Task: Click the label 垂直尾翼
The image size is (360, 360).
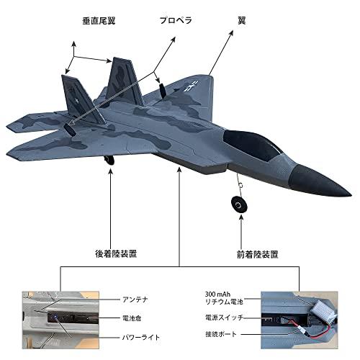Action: pyautogui.click(x=99, y=21)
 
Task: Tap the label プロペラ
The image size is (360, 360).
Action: pyautogui.click(x=176, y=20)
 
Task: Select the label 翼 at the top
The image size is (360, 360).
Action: pyautogui.click(x=242, y=21)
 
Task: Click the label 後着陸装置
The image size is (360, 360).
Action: pyautogui.click(x=116, y=253)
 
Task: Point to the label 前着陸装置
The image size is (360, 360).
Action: pyautogui.click(x=258, y=254)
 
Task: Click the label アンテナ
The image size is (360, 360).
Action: pyautogui.click(x=135, y=300)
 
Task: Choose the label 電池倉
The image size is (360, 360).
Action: pyautogui.click(x=132, y=318)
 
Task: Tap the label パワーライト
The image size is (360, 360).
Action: pyautogui.click(x=141, y=338)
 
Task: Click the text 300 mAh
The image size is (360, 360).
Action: pyautogui.click(x=217, y=294)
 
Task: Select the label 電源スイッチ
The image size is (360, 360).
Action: pyautogui.click(x=224, y=318)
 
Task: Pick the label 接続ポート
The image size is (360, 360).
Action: pyautogui.click(x=221, y=334)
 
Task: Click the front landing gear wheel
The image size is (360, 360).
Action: pyautogui.click(x=239, y=204)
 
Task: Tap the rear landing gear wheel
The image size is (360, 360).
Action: pyautogui.click(x=109, y=160)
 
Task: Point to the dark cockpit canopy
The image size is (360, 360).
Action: pyautogui.click(x=253, y=145)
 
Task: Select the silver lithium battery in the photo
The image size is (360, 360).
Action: pyautogui.click(x=323, y=309)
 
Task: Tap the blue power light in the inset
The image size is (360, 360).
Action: pyautogui.click(x=55, y=318)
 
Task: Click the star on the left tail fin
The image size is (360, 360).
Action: pyautogui.click(x=77, y=101)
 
